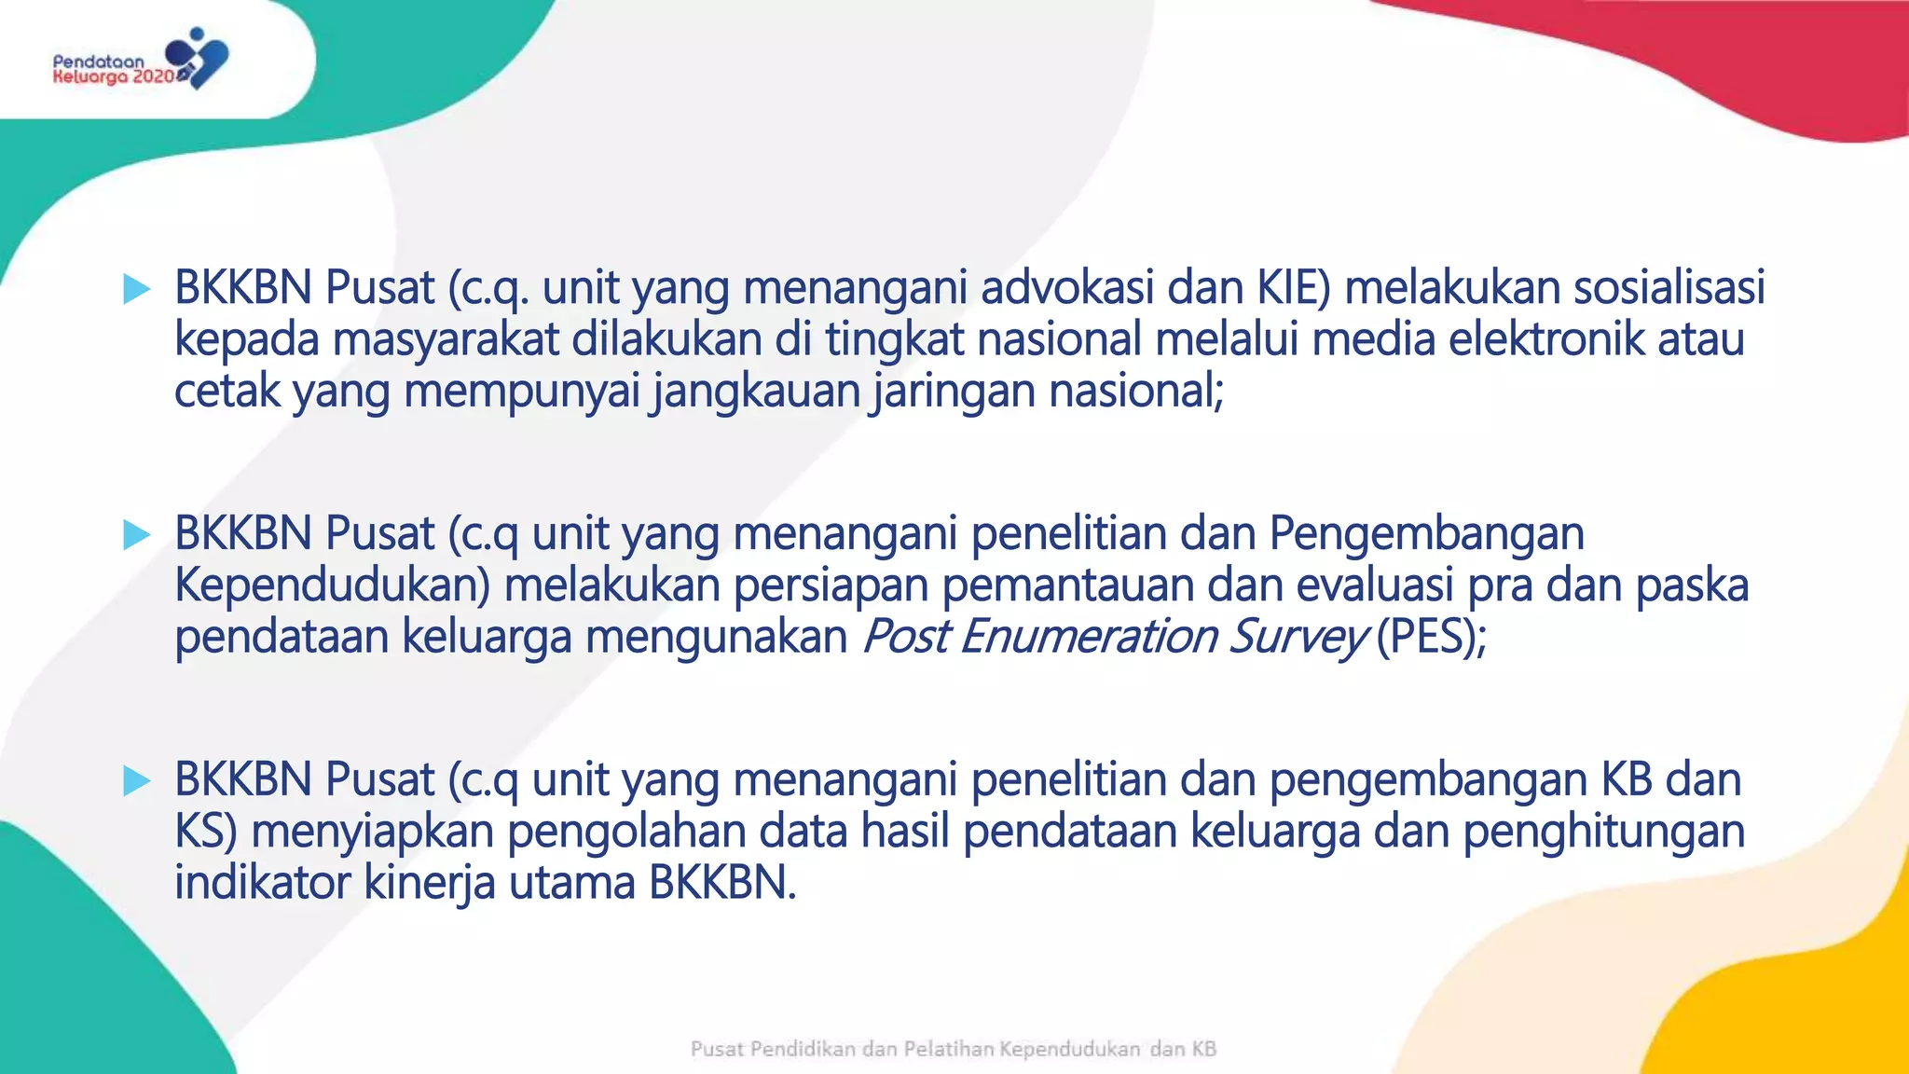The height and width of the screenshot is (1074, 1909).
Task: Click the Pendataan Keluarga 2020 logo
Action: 140,61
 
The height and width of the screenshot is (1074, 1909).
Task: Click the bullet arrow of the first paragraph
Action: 136,289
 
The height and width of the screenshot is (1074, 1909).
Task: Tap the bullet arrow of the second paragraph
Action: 136,535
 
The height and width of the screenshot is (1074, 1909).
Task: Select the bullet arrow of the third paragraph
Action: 136,781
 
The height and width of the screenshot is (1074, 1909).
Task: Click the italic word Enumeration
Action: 1088,638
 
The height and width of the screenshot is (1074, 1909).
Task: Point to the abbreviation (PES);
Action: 1431,638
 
